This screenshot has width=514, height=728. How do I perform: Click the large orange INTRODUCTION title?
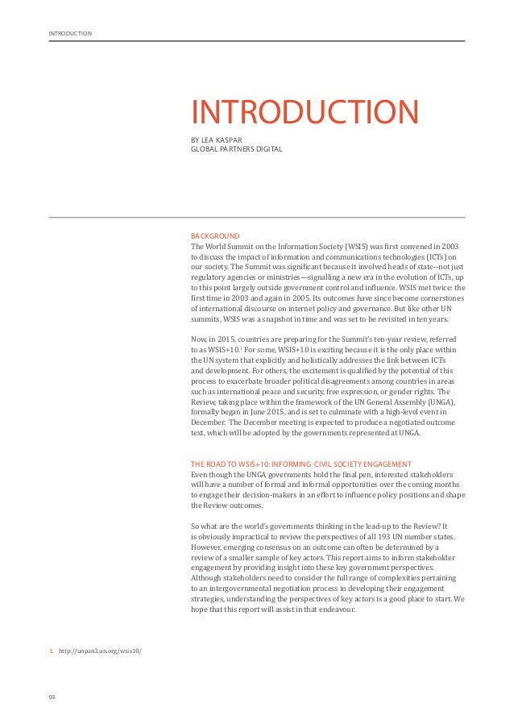(x=305, y=113)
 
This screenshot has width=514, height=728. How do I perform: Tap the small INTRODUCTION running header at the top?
(x=70, y=33)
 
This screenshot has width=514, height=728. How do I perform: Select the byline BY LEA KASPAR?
(x=216, y=139)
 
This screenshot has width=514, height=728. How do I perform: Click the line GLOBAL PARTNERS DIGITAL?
(x=236, y=148)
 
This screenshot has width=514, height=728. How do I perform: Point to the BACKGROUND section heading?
(x=214, y=235)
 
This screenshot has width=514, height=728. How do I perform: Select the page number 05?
(x=53, y=696)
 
